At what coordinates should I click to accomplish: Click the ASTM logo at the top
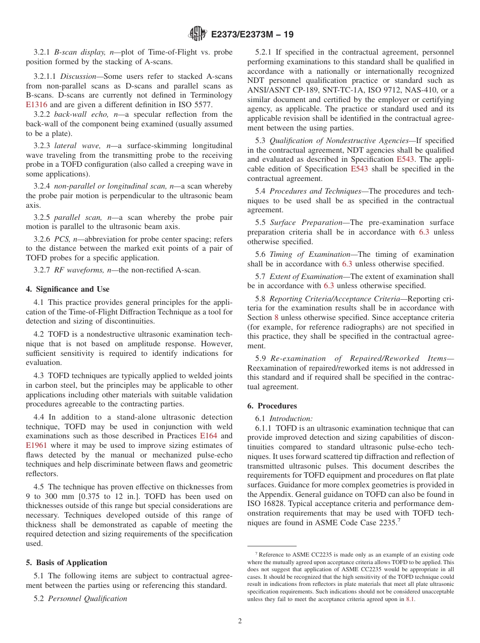(x=197, y=34)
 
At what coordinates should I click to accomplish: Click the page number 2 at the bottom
(x=240, y=621)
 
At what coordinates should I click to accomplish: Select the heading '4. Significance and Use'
(x=68, y=289)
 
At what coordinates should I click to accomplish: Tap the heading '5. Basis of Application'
(x=67, y=563)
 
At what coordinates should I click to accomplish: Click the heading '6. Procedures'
(x=272, y=406)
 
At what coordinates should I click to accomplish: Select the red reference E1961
(x=36, y=445)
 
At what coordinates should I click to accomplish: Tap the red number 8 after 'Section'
(x=276, y=317)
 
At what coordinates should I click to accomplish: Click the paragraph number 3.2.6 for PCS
(x=43, y=239)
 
